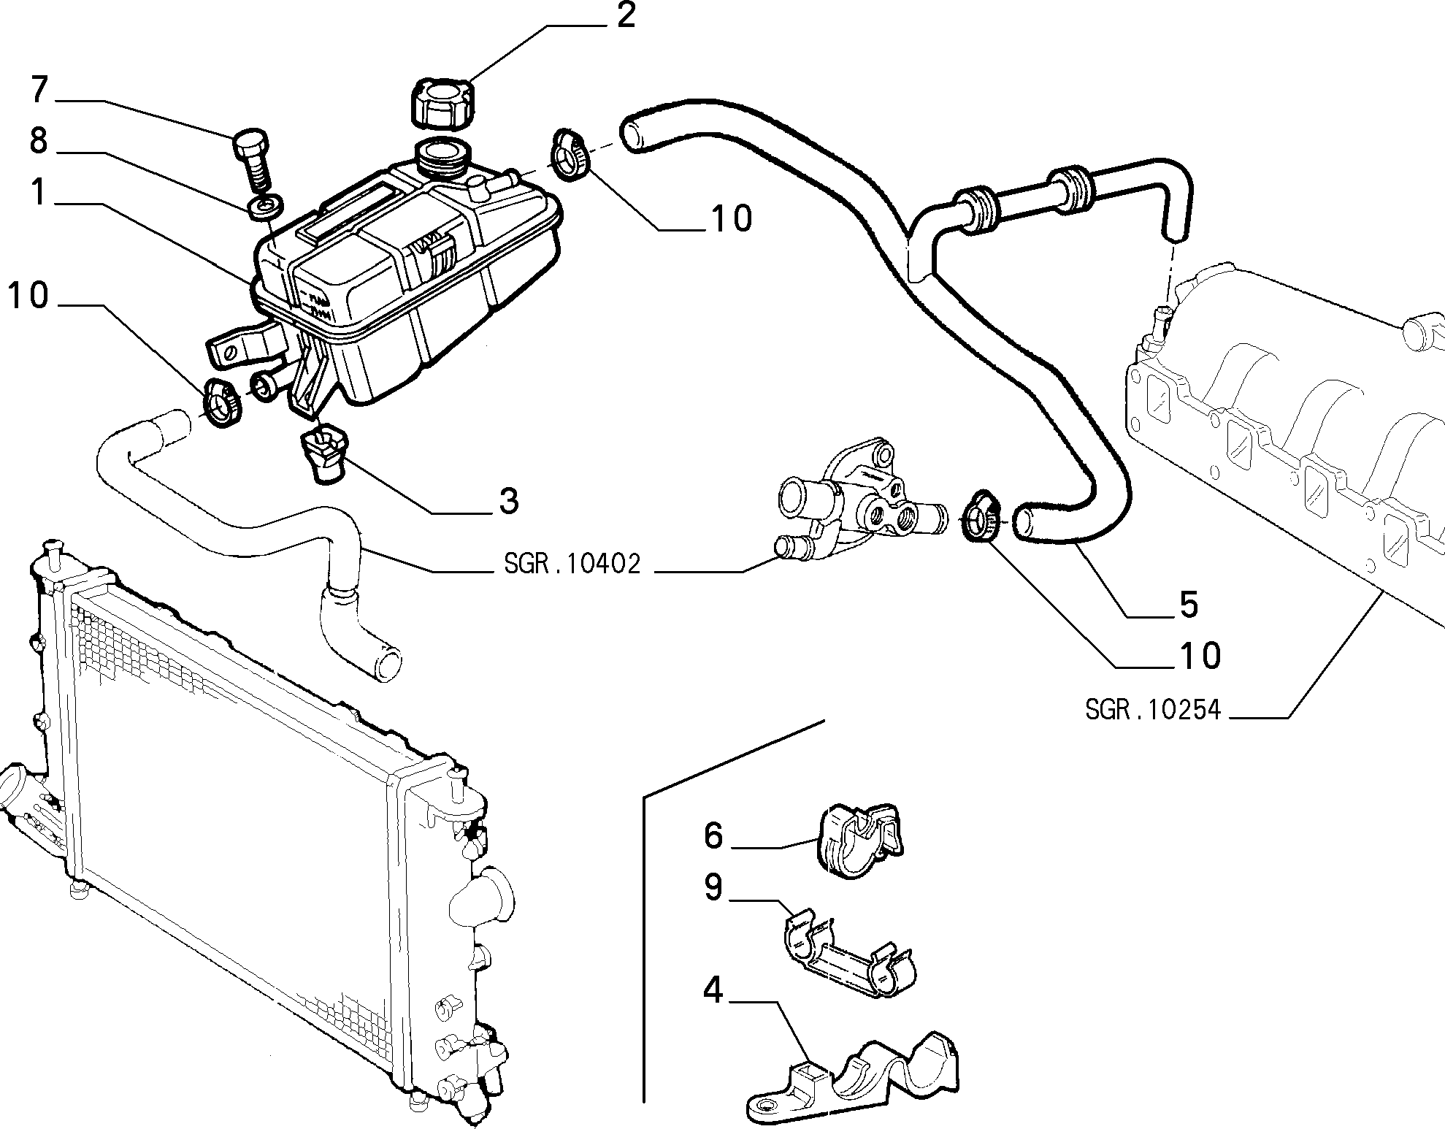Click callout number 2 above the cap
click(x=626, y=16)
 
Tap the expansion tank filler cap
click(x=444, y=103)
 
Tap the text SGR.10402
click(x=572, y=564)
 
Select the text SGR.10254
click(x=1153, y=709)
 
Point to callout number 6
click(x=713, y=836)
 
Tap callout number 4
click(x=713, y=991)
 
